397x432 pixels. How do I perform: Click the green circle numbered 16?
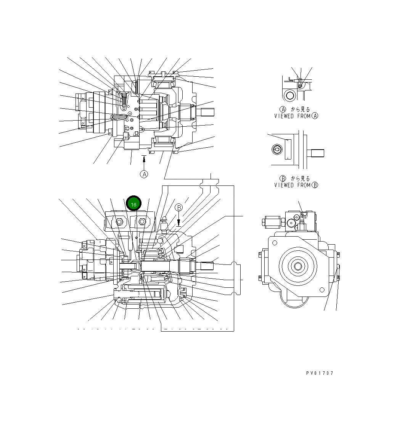point(133,204)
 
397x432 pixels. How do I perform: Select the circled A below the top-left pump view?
point(144,174)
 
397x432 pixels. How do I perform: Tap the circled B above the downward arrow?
point(179,208)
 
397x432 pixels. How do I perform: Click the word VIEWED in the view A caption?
point(284,116)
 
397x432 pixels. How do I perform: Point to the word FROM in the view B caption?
point(304,185)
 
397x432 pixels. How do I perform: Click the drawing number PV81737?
point(320,373)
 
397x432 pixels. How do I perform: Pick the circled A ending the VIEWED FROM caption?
point(315,116)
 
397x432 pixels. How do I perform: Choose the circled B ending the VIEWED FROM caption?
point(315,185)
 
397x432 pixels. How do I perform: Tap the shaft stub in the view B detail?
point(317,153)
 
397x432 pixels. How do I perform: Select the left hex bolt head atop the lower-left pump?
point(119,222)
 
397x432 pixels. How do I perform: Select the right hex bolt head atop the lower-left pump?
point(142,221)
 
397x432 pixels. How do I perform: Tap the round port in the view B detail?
point(276,150)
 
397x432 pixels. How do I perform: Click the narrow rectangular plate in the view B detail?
point(288,149)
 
